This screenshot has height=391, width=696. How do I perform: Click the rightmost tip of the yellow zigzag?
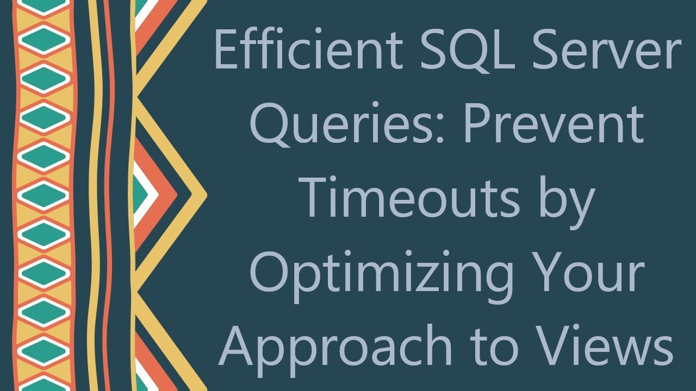pos(206,194)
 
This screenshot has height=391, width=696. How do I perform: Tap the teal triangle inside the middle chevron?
pos(140,194)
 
